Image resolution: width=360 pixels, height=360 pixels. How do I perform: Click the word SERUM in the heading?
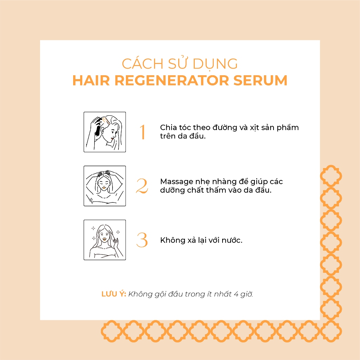[260, 81]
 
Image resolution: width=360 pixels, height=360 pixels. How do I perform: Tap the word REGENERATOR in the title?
[172, 81]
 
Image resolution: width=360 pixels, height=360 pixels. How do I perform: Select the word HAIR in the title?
[91, 81]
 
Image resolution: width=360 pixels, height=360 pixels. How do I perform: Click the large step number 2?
[142, 186]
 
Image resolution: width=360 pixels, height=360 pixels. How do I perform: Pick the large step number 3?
[142, 240]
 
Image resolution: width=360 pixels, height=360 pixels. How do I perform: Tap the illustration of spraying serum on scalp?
[105, 132]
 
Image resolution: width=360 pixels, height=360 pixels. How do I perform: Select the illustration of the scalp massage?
[105, 186]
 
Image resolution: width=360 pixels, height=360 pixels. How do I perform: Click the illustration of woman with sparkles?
[105, 240]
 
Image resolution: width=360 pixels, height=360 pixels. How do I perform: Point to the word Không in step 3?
[173, 240]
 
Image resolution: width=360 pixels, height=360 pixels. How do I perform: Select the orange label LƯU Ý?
[114, 294]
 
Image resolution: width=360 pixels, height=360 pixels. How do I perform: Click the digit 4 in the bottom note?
[236, 294]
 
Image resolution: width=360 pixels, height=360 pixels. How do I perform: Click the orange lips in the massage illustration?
[104, 188]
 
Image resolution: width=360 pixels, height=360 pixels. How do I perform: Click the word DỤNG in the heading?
[215, 64]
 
